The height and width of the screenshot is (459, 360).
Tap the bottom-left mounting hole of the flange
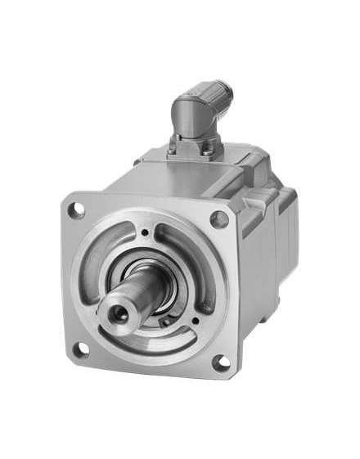pyautogui.click(x=80, y=349)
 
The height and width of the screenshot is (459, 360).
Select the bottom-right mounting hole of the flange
pyautogui.click(x=219, y=362)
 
